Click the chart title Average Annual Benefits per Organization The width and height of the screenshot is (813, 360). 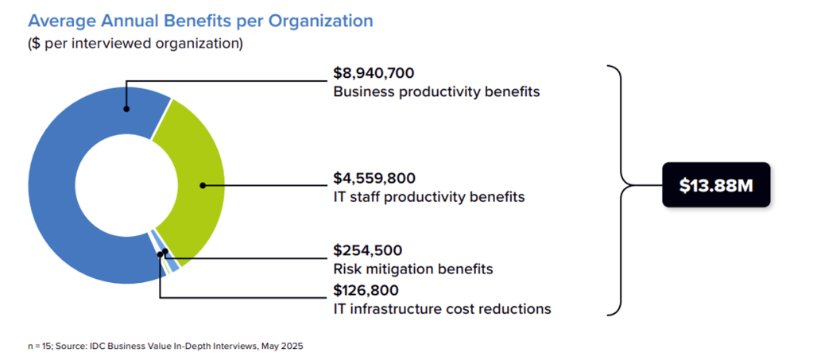click(200, 21)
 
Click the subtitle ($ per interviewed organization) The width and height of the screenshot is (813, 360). click(135, 44)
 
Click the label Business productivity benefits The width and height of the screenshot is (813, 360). click(436, 91)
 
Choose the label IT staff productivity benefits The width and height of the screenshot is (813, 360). click(428, 196)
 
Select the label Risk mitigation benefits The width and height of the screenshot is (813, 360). click(412, 269)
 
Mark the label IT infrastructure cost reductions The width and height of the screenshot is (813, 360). click(442, 308)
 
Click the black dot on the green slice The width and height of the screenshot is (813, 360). click(203, 185)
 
